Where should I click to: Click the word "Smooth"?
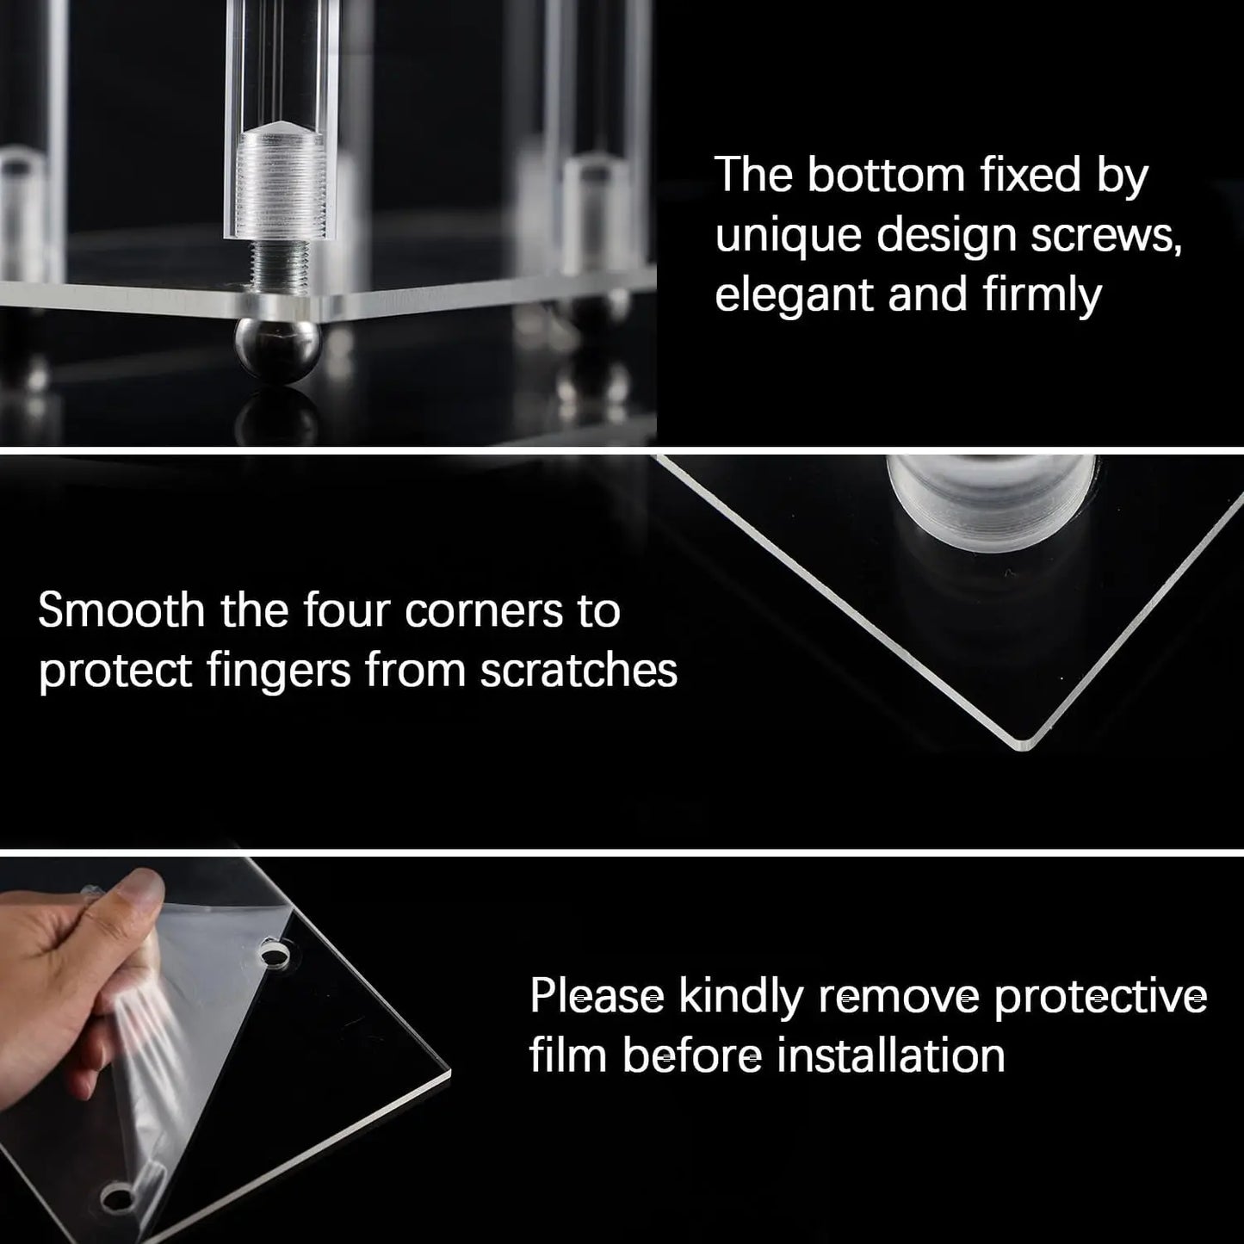[x=121, y=610]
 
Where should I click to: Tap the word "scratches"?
[x=579, y=670]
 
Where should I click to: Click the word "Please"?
[x=597, y=996]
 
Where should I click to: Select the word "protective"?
[x=1099, y=996]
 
